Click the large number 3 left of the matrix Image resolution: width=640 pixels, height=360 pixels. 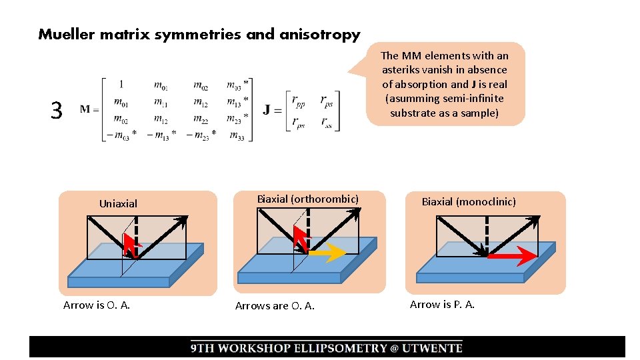tap(57, 110)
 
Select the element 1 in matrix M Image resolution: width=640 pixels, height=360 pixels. tap(121, 85)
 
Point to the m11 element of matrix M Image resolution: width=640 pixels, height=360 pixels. tap(160, 101)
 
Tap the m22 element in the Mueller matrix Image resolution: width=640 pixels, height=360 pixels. tap(200, 119)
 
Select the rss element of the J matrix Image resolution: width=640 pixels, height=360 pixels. tap(327, 121)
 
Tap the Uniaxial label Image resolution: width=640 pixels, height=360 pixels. tap(118, 203)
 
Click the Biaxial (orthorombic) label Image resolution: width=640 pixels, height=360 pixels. tap(308, 199)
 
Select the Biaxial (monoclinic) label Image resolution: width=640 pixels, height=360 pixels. tap(469, 201)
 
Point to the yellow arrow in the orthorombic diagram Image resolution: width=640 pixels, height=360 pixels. tap(327, 253)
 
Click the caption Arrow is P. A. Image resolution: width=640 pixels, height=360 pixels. tap(442, 305)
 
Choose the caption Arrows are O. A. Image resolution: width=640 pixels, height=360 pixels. tap(275, 306)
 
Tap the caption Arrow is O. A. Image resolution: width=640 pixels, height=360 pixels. tap(96, 305)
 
